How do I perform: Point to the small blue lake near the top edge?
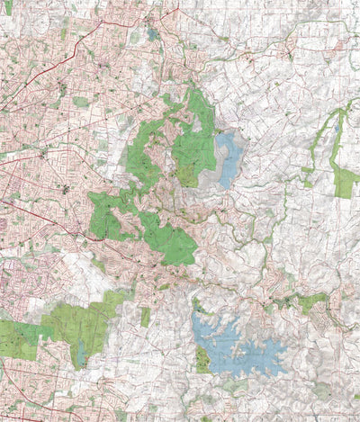pos(153,35)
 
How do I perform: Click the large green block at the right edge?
pos(345,183)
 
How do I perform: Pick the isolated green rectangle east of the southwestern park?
pos(145,316)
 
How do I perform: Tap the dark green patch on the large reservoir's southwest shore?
pos(202,360)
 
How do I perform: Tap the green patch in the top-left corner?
pos(6,7)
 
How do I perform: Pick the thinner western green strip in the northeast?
pos(310,171)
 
